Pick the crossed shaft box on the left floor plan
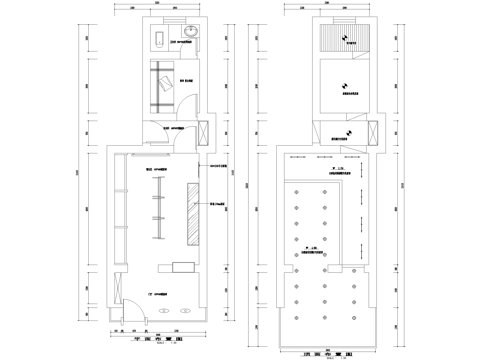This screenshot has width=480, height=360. [204, 132]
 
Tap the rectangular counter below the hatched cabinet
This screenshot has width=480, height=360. [184, 266]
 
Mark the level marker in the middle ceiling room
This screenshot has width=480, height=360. [344, 85]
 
